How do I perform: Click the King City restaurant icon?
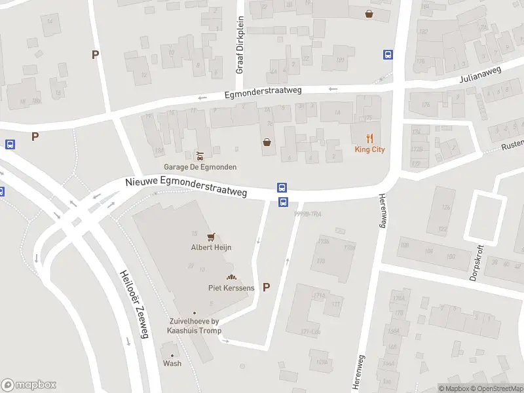[x=369, y=138]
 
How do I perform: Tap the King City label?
[x=369, y=149]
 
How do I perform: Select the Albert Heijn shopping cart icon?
[x=211, y=236]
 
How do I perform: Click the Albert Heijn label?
[x=211, y=248]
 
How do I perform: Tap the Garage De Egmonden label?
[x=200, y=167]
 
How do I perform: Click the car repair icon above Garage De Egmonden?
[x=200, y=156]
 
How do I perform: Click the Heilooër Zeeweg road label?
[x=135, y=305]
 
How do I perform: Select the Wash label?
[x=172, y=364]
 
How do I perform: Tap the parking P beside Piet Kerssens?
[x=266, y=287]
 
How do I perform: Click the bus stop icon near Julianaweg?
[x=388, y=55]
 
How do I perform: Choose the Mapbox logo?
[x=29, y=385]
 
